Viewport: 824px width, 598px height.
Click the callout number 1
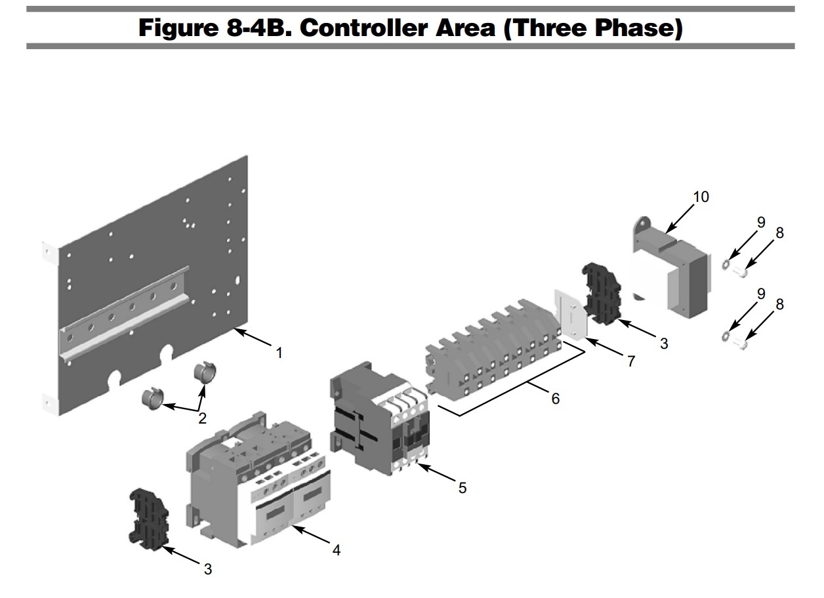(279, 353)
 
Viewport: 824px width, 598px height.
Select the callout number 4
(336, 550)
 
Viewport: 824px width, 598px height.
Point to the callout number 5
(463, 488)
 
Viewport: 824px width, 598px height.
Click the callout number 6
(555, 398)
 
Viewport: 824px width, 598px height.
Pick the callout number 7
(630, 361)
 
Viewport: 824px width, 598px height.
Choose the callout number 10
(701, 197)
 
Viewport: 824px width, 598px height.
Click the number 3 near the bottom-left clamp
(207, 569)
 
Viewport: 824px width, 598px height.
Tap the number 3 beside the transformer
(664, 343)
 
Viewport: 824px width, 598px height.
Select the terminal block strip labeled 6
(492, 348)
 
